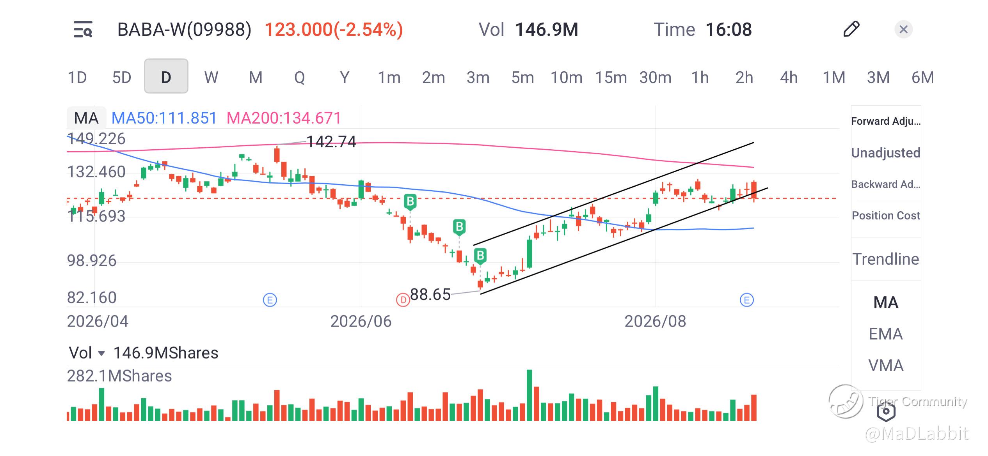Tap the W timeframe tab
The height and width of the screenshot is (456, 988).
[x=211, y=77]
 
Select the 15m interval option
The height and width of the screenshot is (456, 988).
[x=611, y=77]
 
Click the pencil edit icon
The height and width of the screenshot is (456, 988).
[x=851, y=29]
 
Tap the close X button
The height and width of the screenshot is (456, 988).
[x=903, y=29]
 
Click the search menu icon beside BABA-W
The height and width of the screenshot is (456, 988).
[x=83, y=29]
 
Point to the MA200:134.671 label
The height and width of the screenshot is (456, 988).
[x=284, y=118]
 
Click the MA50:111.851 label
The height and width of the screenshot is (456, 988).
[x=164, y=118]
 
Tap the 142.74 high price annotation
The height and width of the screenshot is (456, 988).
[x=331, y=142]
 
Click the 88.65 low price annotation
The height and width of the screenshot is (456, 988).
[x=430, y=294]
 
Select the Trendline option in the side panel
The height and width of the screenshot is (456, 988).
[x=886, y=259]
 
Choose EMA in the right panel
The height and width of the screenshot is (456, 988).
[x=886, y=334]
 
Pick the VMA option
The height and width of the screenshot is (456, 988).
[x=886, y=366]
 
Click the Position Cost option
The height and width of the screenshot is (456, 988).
[x=886, y=216]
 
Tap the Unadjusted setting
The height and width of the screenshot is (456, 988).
[x=886, y=153]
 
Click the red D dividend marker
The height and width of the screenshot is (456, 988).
[x=403, y=300]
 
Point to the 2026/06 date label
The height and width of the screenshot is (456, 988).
[x=361, y=322]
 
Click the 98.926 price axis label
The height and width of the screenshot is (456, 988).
[x=92, y=260]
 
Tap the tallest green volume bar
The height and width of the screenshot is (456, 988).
[x=530, y=395]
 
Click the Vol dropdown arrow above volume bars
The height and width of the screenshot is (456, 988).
[x=101, y=353]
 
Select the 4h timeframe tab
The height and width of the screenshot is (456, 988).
[x=789, y=77]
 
